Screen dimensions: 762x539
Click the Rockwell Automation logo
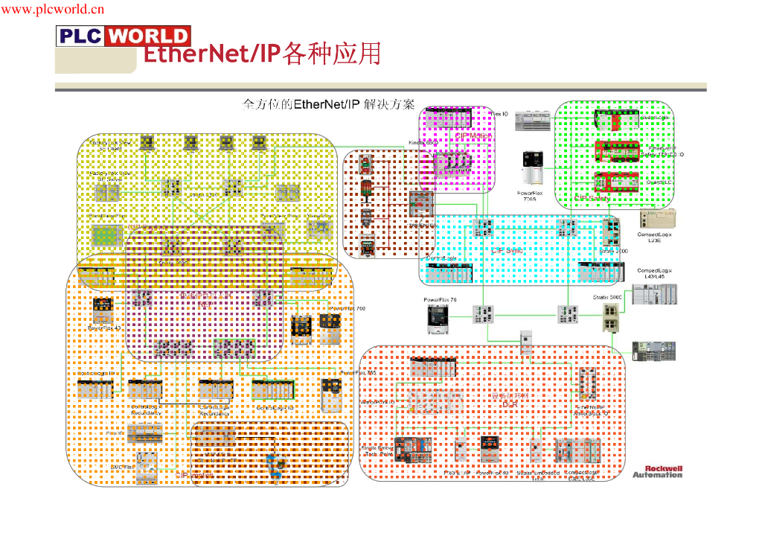point(657,471)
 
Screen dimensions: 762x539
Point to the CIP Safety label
point(592,199)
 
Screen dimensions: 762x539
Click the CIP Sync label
point(507,251)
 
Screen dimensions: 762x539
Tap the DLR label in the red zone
point(510,403)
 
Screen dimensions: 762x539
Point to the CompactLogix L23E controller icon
point(659,219)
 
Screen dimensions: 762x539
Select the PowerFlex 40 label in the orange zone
point(104,328)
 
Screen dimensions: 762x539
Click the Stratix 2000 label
point(613,252)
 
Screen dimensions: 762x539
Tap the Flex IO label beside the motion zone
point(501,115)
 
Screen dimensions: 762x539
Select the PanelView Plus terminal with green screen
point(105,237)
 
